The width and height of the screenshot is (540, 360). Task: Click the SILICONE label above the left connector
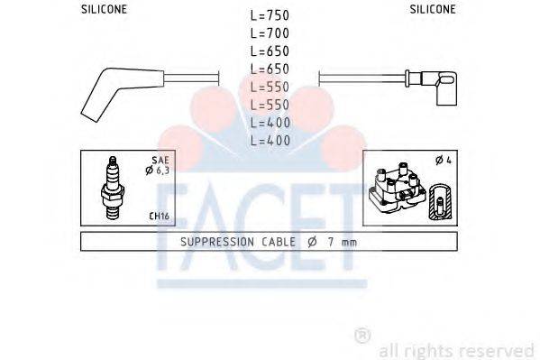click(105, 9)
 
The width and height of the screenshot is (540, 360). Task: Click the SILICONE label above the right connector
click(433, 9)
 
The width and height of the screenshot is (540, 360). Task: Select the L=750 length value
click(270, 16)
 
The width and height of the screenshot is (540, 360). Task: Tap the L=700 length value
click(270, 33)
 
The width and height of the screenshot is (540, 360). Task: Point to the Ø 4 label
click(444, 161)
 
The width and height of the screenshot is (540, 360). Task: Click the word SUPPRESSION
click(215, 242)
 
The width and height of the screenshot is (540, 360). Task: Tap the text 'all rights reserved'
click(456, 349)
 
